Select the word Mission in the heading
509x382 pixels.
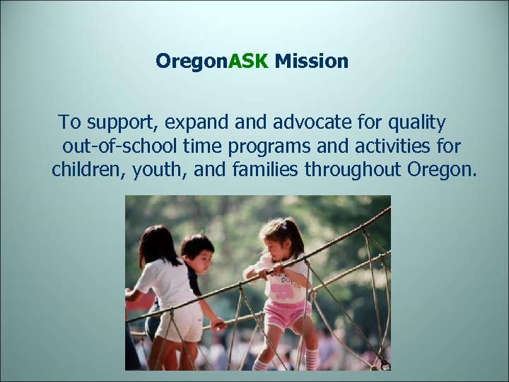click(312, 62)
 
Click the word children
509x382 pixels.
click(88, 170)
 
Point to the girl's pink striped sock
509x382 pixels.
click(311, 357)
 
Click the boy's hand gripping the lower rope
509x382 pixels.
click(219, 326)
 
